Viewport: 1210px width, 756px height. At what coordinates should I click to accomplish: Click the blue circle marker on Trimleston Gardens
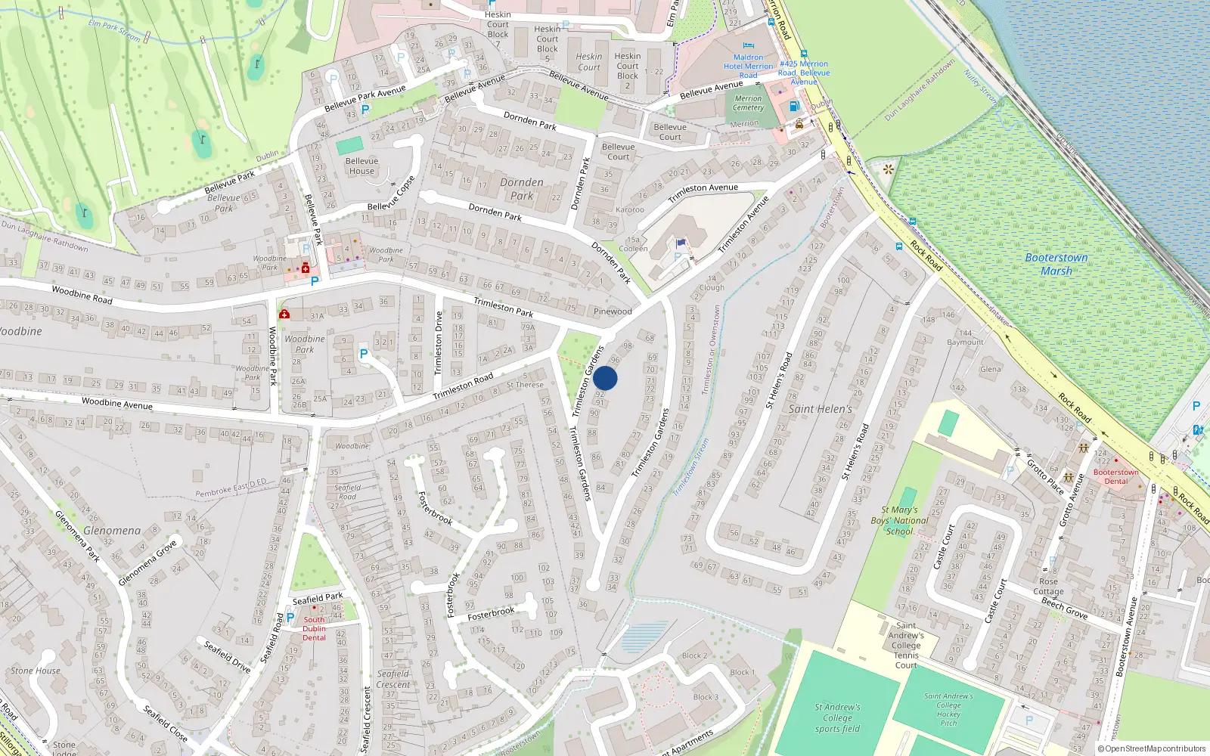(605, 378)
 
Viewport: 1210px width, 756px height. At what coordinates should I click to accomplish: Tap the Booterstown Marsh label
(1056, 264)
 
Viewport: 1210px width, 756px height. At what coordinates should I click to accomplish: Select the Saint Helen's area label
(820, 409)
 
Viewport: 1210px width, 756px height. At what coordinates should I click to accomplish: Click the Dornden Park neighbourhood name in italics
(522, 189)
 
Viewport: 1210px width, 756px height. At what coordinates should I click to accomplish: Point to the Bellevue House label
(361, 166)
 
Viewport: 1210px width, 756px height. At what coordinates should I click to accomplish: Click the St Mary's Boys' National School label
(899, 520)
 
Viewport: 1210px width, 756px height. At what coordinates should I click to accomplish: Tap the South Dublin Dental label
(314, 628)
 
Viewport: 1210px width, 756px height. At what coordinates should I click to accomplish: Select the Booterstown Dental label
(1115, 476)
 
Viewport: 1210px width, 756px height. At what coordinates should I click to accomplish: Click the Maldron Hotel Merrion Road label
(748, 66)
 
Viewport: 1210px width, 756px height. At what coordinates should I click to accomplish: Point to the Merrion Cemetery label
(748, 103)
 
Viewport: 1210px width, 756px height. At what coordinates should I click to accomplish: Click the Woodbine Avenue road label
(117, 404)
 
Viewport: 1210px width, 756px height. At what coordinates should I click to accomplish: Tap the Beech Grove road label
(1064, 609)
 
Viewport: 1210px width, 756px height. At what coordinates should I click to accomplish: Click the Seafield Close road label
(166, 723)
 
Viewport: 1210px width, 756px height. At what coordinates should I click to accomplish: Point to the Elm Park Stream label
(114, 29)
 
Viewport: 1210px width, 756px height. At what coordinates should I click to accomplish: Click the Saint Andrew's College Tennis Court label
(906, 645)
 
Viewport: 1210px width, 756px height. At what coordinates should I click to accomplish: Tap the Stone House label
(36, 671)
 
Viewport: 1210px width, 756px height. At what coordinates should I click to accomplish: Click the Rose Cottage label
(1048, 587)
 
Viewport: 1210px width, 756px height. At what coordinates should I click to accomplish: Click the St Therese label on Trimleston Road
(525, 385)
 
